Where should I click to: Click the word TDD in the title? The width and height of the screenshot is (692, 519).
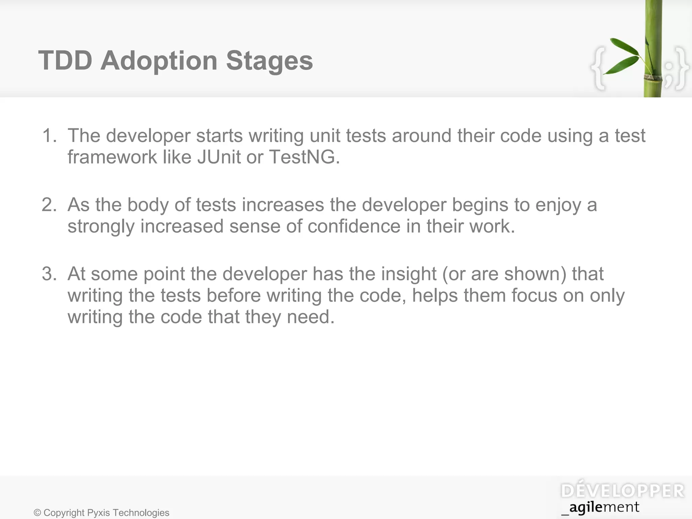click(65, 61)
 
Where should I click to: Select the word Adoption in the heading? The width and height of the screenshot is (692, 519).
click(159, 61)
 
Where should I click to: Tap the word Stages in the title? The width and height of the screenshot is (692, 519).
click(269, 61)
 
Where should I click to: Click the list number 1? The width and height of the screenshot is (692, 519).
click(49, 135)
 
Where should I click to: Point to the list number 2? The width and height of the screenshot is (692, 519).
click(49, 205)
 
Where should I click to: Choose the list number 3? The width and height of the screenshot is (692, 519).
click(49, 274)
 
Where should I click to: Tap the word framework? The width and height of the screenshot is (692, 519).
click(112, 157)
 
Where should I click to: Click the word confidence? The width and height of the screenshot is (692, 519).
click(354, 226)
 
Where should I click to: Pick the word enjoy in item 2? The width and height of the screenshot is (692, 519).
click(558, 205)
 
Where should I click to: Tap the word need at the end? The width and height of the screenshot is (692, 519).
click(310, 317)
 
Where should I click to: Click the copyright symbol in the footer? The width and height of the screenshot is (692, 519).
click(38, 513)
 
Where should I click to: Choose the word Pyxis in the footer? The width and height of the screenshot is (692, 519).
click(99, 513)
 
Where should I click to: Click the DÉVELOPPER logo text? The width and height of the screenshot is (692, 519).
click(622, 491)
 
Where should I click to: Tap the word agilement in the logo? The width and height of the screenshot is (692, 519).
click(604, 507)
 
